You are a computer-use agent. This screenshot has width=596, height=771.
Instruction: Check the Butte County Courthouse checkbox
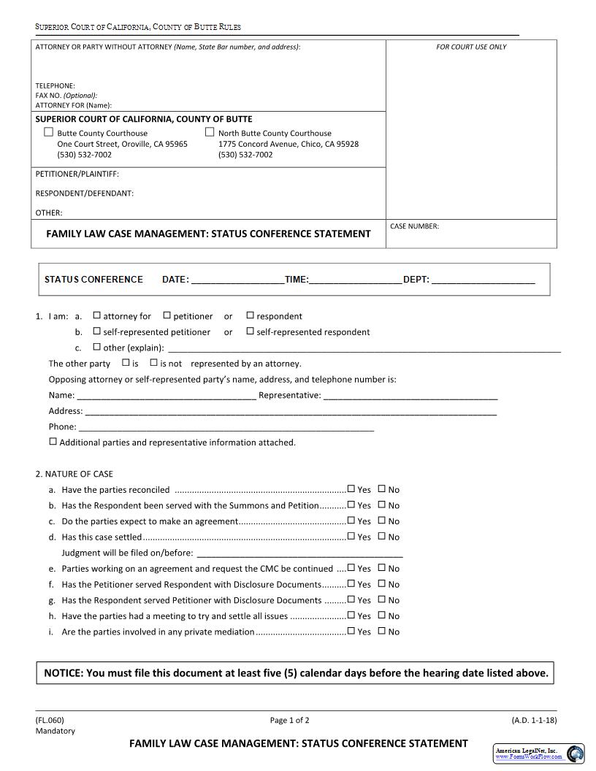tap(49, 132)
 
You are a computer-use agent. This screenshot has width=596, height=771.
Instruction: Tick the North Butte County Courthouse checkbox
tap(210, 132)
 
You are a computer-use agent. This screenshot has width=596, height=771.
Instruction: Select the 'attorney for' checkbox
tap(96, 315)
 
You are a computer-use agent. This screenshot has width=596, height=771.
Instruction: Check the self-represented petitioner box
tap(96, 331)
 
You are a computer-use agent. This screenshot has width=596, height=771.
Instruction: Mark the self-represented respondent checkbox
tap(250, 331)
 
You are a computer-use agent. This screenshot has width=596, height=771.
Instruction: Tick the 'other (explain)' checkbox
tap(96, 347)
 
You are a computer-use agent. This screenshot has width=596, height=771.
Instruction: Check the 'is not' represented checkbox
tap(153, 362)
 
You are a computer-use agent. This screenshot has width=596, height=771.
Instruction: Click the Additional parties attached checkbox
tap(53, 442)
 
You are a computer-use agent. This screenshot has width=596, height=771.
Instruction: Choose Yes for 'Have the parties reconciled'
tap(351, 489)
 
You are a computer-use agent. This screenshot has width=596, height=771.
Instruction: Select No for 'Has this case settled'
tap(381, 537)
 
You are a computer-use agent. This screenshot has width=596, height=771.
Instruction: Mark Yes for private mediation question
tap(351, 631)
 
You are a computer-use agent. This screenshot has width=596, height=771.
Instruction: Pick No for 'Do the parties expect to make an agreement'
tap(381, 521)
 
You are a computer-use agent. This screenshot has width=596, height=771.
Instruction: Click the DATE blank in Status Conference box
tap(237, 280)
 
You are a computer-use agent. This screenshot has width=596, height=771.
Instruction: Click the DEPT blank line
tap(483, 280)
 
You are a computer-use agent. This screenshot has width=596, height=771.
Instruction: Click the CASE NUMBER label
tap(414, 226)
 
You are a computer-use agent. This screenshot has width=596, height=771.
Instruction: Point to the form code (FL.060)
tap(50, 720)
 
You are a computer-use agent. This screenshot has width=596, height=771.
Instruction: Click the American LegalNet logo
tap(539, 753)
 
